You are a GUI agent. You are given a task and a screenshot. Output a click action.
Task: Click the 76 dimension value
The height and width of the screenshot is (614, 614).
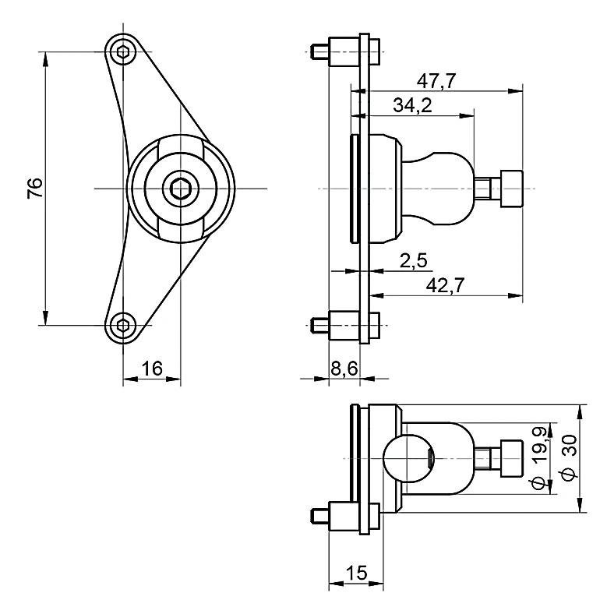pyautogui.click(x=35, y=188)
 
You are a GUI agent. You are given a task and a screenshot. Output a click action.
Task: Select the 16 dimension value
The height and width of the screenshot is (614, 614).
pyautogui.click(x=152, y=369)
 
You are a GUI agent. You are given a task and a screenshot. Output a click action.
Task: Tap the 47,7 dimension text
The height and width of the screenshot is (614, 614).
pyautogui.click(x=436, y=81)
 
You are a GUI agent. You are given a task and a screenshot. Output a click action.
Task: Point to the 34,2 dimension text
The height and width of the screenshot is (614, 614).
pyautogui.click(x=412, y=105)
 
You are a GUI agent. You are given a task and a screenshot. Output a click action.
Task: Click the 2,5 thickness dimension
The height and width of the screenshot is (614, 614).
pyautogui.click(x=413, y=260)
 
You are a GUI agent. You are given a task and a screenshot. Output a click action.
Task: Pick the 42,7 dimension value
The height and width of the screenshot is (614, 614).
pyautogui.click(x=445, y=285)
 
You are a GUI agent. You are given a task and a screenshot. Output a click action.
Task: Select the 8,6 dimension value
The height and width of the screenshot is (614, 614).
pyautogui.click(x=344, y=369)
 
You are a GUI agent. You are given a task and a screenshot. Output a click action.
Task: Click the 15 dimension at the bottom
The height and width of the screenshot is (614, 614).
pyautogui.click(x=357, y=573)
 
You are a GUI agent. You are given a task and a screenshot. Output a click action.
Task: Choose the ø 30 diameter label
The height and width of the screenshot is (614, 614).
pyautogui.click(x=570, y=457)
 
